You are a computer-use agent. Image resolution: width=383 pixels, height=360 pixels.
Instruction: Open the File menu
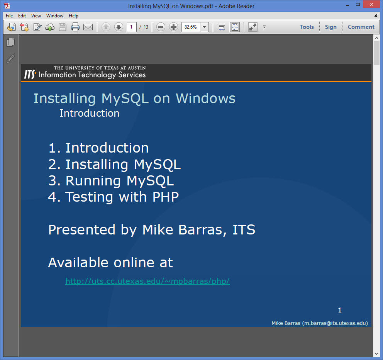click(x=9, y=15)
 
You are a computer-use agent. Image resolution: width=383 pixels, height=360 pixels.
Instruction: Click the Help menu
click(x=73, y=15)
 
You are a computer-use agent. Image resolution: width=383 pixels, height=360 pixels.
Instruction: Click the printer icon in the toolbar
click(x=75, y=27)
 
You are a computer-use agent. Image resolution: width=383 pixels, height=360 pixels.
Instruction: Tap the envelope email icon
click(x=88, y=27)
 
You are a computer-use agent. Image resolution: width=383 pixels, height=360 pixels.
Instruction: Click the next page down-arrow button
click(x=119, y=27)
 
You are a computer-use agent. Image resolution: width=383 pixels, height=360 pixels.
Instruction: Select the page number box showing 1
click(x=131, y=27)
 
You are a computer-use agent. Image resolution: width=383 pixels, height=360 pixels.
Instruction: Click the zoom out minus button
click(x=161, y=27)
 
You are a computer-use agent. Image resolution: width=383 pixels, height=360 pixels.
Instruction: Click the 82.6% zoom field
click(x=191, y=27)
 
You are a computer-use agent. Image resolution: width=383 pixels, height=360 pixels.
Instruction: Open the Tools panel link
click(x=307, y=27)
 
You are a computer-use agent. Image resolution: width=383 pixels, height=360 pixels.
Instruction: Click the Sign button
click(x=331, y=27)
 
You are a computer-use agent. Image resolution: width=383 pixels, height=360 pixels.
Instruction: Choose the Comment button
click(x=361, y=27)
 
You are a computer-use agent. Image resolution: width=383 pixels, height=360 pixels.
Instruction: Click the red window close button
click(x=372, y=4)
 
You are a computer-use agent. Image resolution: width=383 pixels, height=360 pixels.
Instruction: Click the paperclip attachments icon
click(x=10, y=59)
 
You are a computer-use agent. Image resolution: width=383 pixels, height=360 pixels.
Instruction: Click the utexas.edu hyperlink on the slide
click(x=147, y=281)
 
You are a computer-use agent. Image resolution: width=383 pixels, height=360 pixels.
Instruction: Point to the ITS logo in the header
click(x=30, y=74)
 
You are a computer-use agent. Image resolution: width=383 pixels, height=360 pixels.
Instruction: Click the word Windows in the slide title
click(x=206, y=98)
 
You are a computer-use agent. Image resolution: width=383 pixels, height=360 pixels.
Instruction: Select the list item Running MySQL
click(x=111, y=181)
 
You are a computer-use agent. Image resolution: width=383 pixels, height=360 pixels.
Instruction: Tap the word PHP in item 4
click(x=166, y=197)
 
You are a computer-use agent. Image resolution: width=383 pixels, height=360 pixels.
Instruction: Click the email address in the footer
click(x=335, y=323)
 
